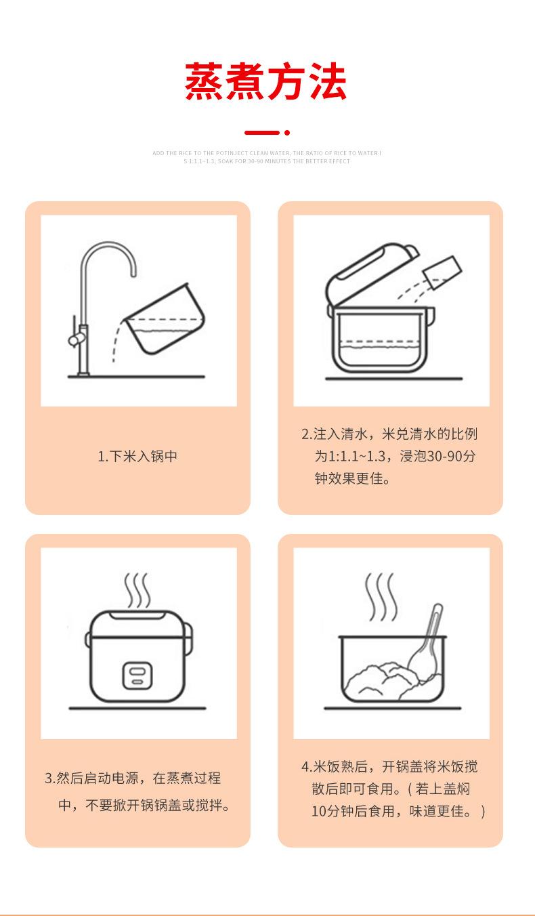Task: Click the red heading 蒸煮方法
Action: coord(266,83)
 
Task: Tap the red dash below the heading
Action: coord(261,133)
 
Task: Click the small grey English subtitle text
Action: coord(267,157)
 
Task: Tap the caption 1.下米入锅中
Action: coord(137,457)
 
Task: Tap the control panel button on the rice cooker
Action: coord(137,675)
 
